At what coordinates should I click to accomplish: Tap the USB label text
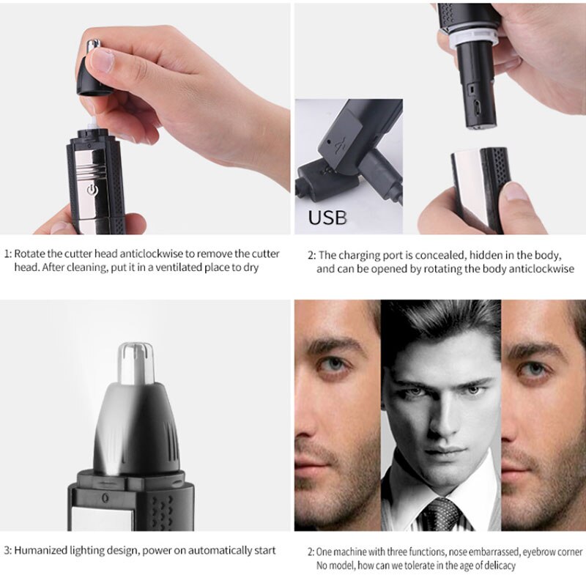(x=327, y=218)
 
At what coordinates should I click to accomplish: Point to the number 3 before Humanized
(x=7, y=550)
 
